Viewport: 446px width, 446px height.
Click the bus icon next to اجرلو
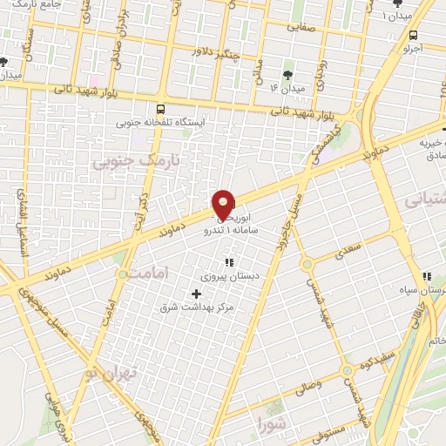click(413, 36)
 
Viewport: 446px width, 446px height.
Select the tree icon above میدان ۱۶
click(289, 73)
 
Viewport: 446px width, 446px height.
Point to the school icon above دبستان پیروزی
click(230, 262)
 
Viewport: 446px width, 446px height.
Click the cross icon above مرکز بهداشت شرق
click(196, 294)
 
